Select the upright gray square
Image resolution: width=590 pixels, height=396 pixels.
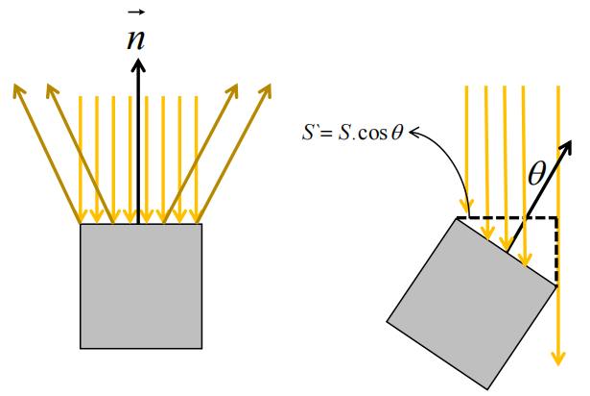click(141, 285)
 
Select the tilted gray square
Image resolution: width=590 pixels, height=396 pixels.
click(471, 302)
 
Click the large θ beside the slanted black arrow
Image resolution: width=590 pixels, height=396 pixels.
click(537, 172)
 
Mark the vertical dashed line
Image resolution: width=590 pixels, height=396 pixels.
click(557, 250)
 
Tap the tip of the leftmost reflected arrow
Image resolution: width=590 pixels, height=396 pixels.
click(16, 88)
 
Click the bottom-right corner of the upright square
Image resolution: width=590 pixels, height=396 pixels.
click(202, 348)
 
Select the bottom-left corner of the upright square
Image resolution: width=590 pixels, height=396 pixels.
click(81, 348)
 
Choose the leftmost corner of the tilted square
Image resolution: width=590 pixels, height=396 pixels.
click(387, 320)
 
